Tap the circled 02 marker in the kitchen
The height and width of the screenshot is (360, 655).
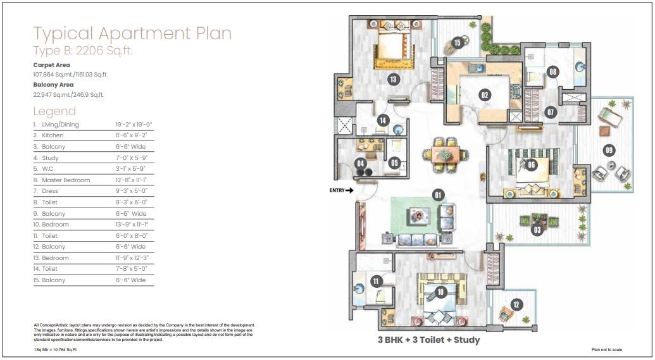click(x=485, y=96)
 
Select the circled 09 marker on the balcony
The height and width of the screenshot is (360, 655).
click(x=609, y=151)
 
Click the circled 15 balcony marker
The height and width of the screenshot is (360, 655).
click(x=458, y=43)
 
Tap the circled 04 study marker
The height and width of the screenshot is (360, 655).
click(x=361, y=164)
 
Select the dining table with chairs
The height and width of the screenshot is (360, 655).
click(x=446, y=153)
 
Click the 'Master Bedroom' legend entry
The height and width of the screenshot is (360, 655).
click(x=66, y=180)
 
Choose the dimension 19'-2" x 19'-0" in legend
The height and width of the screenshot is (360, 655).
click(x=134, y=125)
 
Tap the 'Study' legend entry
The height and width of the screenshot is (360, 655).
click(x=50, y=158)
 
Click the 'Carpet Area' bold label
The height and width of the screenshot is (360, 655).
click(x=51, y=65)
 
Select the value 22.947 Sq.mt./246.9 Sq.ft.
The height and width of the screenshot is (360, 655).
click(x=68, y=94)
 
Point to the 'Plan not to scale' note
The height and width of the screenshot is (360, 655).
click(x=608, y=349)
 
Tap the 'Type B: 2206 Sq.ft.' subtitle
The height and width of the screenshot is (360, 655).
click(x=83, y=51)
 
